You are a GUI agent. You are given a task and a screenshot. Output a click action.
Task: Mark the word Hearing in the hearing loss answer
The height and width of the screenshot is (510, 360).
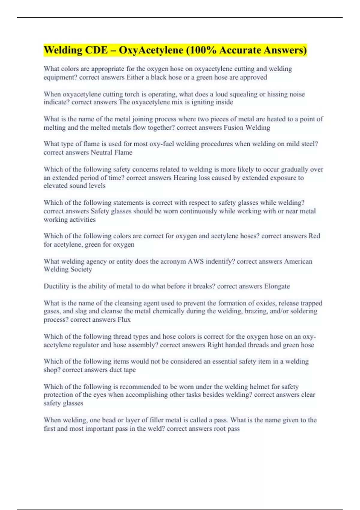[x=185, y=178]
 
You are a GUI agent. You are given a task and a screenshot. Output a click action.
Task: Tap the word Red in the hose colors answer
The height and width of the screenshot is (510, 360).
[x=314, y=236]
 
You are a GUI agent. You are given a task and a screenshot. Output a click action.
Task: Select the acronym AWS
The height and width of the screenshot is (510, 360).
[x=196, y=261]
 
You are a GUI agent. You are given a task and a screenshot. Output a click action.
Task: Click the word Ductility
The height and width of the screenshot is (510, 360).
[x=56, y=286]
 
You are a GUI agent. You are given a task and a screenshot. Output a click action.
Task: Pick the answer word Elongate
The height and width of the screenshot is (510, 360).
[x=277, y=286]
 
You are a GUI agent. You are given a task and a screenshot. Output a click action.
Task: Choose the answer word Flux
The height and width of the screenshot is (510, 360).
[x=124, y=319]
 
